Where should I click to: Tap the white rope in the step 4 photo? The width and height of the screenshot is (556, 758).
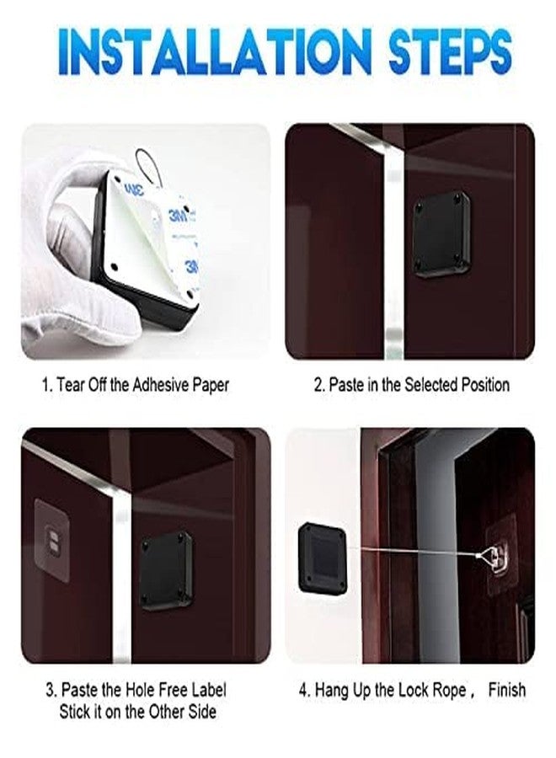click(x=404, y=552)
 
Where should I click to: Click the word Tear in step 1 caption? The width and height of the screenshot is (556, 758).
click(x=74, y=385)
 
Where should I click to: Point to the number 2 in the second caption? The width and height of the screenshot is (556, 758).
click(x=318, y=385)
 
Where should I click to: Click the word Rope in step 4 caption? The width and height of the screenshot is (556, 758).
click(x=445, y=690)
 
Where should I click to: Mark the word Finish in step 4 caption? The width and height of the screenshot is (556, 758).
click(x=506, y=690)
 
